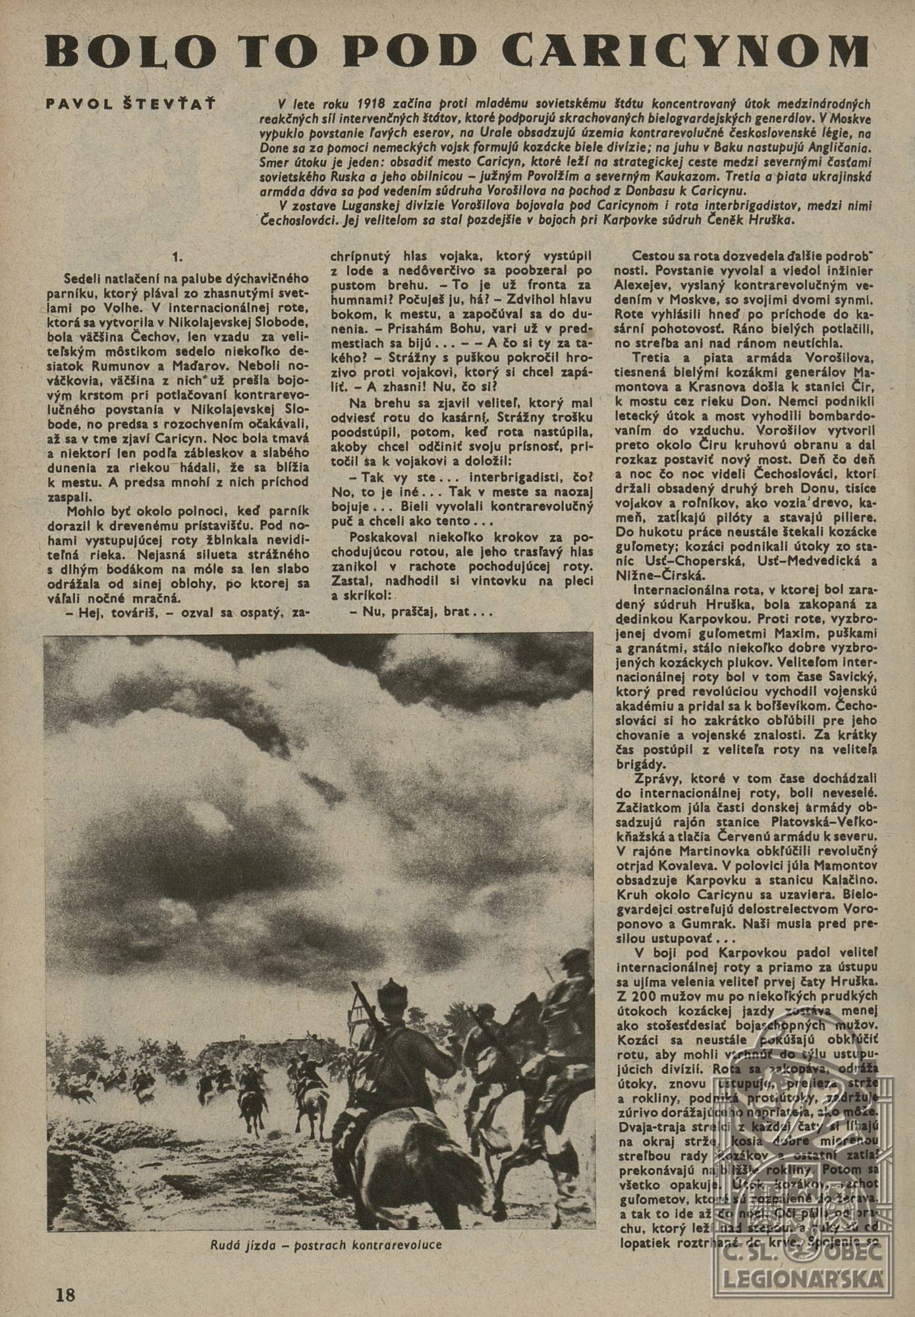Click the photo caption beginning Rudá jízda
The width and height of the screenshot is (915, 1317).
tap(326, 1245)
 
